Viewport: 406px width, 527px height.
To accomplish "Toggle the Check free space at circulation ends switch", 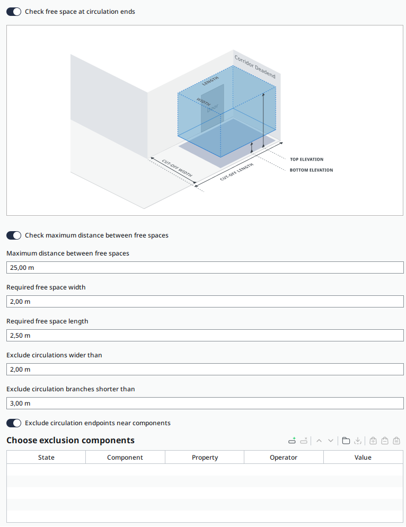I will coord(14,11).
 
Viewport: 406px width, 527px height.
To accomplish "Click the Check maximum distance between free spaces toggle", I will coord(14,235).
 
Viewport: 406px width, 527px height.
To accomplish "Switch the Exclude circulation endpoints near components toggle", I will coord(14,423).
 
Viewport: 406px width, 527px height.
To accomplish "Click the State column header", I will coord(46,458).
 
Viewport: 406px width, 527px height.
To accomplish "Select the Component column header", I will coord(125,458).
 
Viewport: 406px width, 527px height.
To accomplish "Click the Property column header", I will coord(205,458).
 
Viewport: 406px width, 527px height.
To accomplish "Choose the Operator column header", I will coord(284,458).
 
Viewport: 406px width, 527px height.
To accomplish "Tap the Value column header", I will coord(363,458).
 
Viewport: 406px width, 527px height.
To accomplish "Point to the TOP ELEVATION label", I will coord(306,159).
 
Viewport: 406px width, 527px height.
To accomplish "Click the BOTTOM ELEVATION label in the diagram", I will coord(311,170).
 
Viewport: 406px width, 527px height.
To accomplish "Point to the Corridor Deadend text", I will coord(255,67).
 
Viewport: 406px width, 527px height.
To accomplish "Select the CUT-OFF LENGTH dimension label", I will coord(236,172).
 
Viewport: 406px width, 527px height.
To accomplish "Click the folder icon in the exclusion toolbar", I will coord(346,441).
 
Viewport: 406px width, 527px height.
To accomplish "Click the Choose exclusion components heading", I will coord(70,441).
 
